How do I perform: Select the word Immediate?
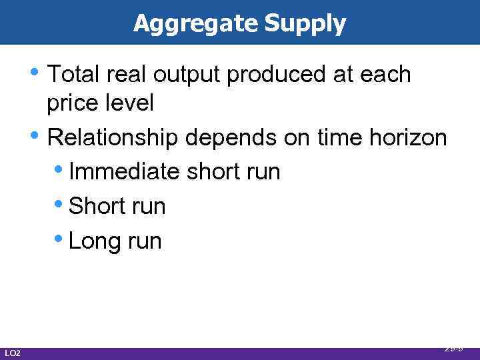(125, 171)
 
